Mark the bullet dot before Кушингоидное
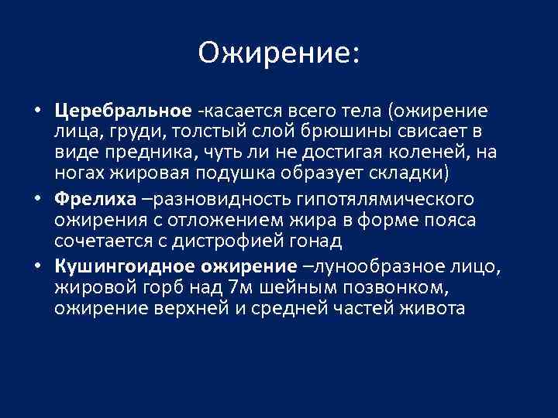(37, 267)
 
